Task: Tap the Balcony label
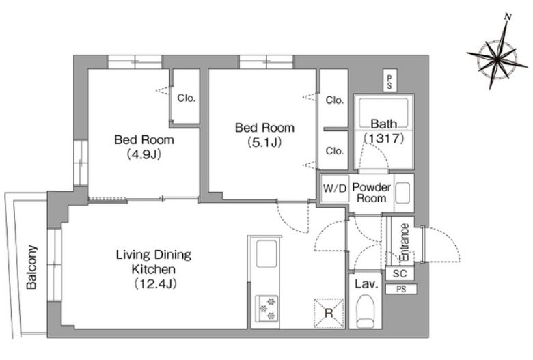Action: point(31,267)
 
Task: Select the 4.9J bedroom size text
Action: point(143,154)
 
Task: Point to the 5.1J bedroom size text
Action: point(264,143)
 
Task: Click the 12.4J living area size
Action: point(155,283)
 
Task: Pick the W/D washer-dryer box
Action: point(335,188)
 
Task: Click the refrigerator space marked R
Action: point(329,313)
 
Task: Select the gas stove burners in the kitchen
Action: point(266,308)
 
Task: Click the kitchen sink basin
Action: point(266,253)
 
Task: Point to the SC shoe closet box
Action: point(400,273)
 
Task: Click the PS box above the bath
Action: point(389,81)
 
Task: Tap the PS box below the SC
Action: point(401,289)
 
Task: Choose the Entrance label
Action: point(405,242)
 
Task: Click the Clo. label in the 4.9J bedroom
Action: point(187,98)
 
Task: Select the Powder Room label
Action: point(372,193)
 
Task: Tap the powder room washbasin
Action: point(402,193)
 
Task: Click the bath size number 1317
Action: point(384,138)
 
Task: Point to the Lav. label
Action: point(366,284)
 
